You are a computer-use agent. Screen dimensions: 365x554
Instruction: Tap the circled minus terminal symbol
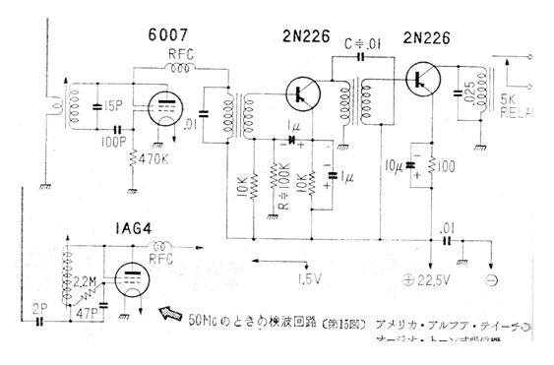click(x=493, y=278)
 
